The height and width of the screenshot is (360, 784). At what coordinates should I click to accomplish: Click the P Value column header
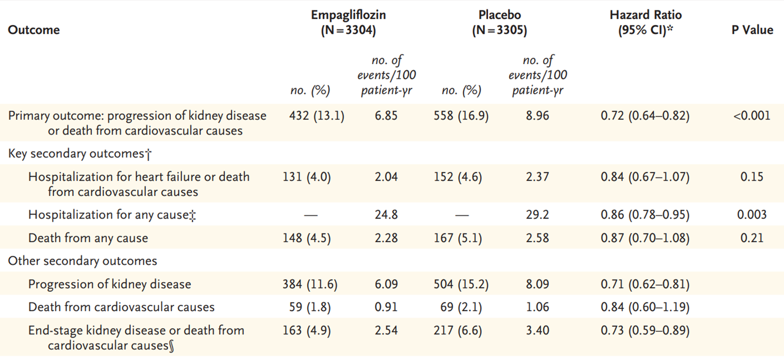coord(752,30)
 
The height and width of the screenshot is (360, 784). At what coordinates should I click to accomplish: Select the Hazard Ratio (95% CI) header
coord(645,23)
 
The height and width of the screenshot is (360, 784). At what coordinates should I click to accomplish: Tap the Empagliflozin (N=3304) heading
coord(348,23)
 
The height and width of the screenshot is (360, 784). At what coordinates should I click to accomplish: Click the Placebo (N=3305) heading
coord(499,23)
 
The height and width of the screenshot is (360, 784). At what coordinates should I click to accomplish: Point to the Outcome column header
coord(34,30)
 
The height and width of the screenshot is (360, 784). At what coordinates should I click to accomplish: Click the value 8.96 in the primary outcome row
coord(537,115)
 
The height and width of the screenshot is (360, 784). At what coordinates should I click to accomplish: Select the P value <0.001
coord(752,115)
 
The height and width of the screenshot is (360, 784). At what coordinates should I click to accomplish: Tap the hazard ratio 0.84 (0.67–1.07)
coord(645,177)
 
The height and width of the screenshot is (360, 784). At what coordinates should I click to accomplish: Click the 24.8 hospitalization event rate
coord(386,215)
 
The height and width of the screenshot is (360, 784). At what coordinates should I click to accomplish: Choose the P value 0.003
coord(752,215)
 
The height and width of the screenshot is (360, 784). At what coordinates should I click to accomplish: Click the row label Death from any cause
coord(88,238)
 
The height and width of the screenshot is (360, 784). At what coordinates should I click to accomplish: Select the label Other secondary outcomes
coord(82,261)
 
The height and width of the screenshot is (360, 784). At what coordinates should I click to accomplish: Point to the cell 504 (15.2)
coord(461,284)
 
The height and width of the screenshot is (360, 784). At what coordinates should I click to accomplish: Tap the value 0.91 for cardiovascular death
coord(386,307)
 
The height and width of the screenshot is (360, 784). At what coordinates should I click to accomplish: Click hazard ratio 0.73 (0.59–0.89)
coord(645,331)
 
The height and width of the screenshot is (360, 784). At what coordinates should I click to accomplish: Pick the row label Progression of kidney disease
coord(109,284)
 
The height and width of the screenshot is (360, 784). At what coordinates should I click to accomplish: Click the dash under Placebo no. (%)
coord(461,215)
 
